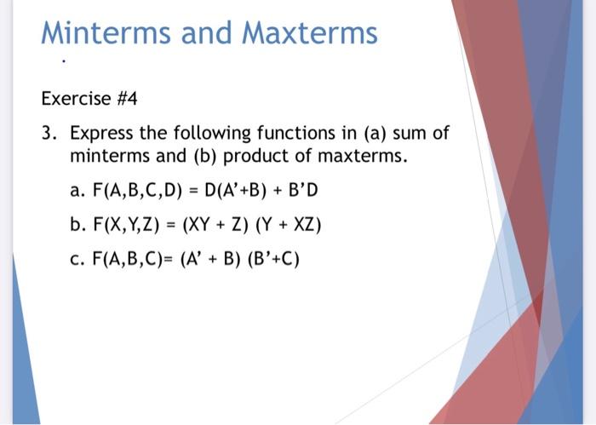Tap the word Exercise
tap(76, 99)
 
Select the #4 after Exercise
tap(125, 99)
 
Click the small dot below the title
tap(62, 62)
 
